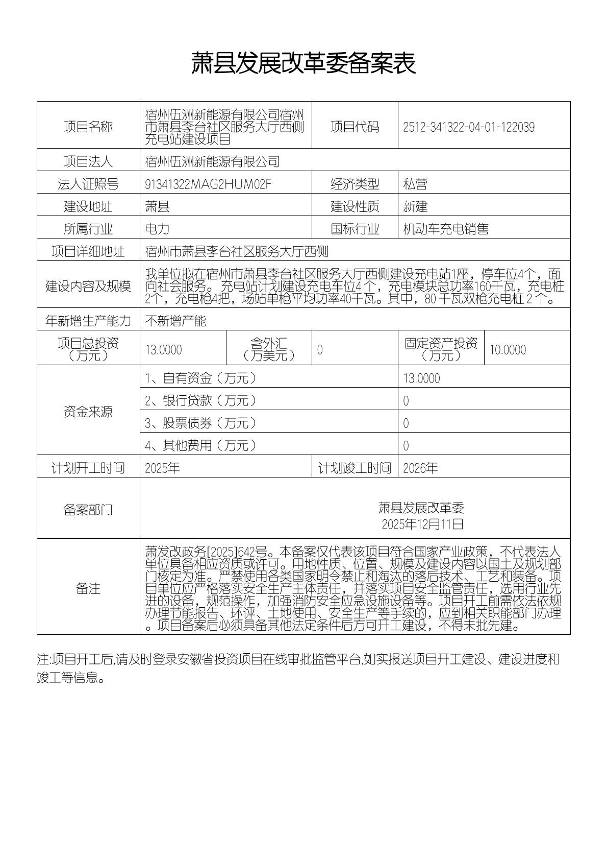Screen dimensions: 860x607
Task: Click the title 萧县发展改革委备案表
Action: pyautogui.click(x=303, y=64)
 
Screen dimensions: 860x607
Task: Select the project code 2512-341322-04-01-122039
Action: pyautogui.click(x=468, y=127)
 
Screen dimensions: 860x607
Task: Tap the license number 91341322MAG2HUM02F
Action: pyautogui.click(x=208, y=184)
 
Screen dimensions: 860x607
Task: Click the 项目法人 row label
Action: pyautogui.click(x=88, y=162)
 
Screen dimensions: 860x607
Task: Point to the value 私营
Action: pyautogui.click(x=415, y=184)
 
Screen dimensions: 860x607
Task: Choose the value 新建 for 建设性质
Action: pyautogui.click(x=415, y=207)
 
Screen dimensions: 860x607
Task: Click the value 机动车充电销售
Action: pyautogui.click(x=445, y=229)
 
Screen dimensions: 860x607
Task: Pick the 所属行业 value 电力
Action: pyautogui.click(x=157, y=229)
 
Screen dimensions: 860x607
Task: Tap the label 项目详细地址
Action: pyautogui.click(x=88, y=252)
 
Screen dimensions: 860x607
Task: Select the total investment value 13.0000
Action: pyautogui.click(x=163, y=350)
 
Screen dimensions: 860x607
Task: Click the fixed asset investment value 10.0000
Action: pyautogui.click(x=508, y=350)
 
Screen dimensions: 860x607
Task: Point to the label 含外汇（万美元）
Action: pyautogui.click(x=269, y=349)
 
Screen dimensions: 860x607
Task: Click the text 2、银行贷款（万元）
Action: pyautogui.click(x=200, y=401)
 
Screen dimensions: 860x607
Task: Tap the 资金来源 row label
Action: pyautogui.click(x=88, y=412)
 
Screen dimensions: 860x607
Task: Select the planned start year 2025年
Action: pyautogui.click(x=162, y=468)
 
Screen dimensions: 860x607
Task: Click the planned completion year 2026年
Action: pyautogui.click(x=420, y=468)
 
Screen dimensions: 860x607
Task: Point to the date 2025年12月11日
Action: pyautogui.click(x=422, y=524)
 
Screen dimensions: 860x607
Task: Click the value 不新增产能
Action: pyautogui.click(x=175, y=321)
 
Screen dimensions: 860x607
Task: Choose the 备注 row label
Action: pyautogui.click(x=88, y=589)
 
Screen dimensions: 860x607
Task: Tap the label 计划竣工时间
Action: pyautogui.click(x=355, y=468)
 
